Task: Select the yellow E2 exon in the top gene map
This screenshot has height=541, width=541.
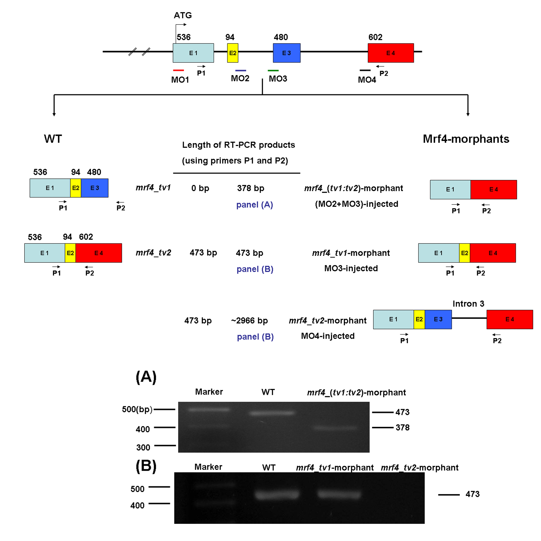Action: click(x=232, y=53)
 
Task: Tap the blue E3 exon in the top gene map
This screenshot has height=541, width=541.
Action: click(x=286, y=53)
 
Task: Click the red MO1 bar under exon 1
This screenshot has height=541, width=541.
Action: click(x=178, y=70)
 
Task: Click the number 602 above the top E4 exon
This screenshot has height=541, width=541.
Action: click(x=375, y=37)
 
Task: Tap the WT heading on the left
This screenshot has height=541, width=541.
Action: click(x=53, y=139)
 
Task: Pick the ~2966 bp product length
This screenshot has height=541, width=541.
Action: click(x=249, y=321)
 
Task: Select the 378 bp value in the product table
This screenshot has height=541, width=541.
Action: click(x=251, y=188)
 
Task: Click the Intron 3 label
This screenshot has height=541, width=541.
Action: click(x=468, y=304)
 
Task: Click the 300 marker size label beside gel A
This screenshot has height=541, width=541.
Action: click(x=143, y=447)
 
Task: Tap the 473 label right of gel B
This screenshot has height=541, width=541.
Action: click(x=472, y=494)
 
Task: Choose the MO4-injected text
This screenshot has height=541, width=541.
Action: click(x=328, y=336)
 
